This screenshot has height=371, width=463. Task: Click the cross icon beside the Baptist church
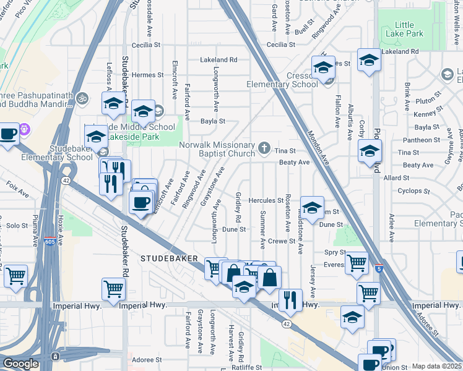pos(264,147)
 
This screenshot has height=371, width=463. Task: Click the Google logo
pos(20,364)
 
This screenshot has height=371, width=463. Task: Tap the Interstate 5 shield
pos(378,269)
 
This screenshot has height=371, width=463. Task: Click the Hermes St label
pos(147,75)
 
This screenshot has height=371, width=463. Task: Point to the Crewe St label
pos(282,240)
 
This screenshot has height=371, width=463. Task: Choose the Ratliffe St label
pos(246,367)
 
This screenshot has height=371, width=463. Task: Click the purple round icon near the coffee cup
pos(25,130)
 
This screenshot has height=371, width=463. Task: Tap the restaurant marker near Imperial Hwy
pos(290,300)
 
